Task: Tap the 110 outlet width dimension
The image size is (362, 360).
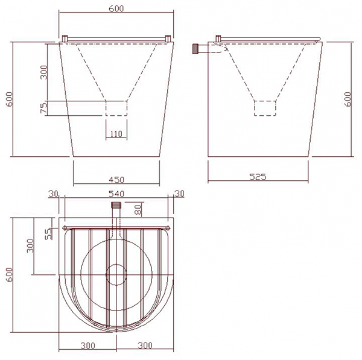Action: point(116,133)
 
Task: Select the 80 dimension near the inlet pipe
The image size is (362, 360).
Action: point(138,210)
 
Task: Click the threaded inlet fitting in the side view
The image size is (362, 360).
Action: point(195,48)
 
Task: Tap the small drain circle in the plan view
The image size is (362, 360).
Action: point(116,274)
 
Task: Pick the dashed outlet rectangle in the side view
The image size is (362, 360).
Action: point(265,107)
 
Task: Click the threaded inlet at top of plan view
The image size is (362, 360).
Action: point(116,206)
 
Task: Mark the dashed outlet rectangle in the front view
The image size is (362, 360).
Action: point(116,108)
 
